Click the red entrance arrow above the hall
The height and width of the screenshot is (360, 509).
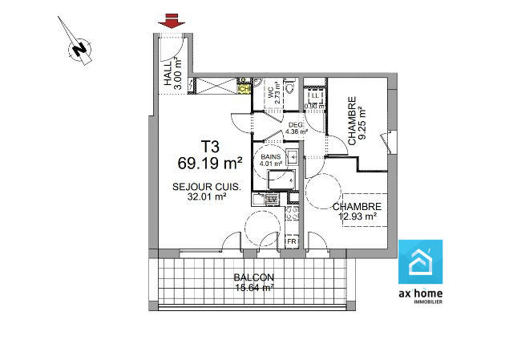[x=168, y=22]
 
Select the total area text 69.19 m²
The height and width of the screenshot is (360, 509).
[x=210, y=164]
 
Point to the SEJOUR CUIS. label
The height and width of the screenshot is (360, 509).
[x=205, y=187]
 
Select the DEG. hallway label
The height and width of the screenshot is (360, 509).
[x=295, y=124]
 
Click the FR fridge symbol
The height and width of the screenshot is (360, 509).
[x=293, y=241]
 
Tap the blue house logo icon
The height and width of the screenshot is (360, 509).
[x=420, y=262]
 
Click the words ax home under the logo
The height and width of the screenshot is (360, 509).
[x=420, y=293]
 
